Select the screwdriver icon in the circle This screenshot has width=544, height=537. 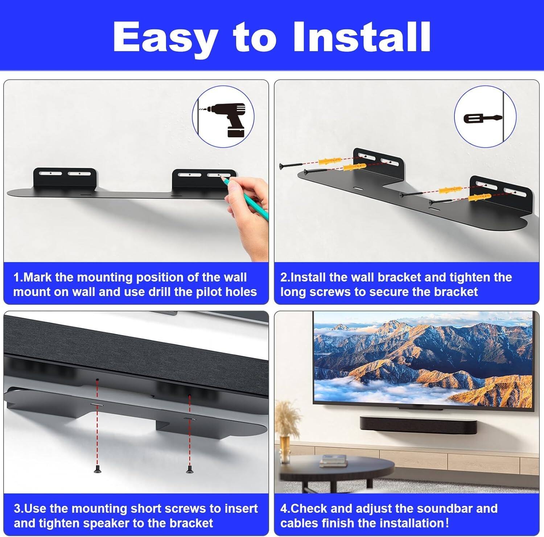coord(482,118)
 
